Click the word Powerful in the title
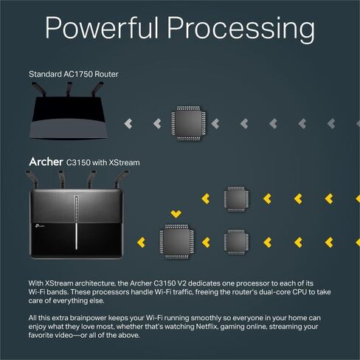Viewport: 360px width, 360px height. click(102, 27)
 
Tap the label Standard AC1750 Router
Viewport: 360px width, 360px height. click(74, 74)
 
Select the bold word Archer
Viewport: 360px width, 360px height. click(46, 162)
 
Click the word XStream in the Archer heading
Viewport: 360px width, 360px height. click(124, 162)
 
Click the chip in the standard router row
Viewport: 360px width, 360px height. click(189, 123)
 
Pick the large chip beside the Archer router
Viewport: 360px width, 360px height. click(176, 241)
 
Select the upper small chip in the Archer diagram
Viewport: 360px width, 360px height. click(236, 199)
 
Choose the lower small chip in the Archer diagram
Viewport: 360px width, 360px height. click(236, 242)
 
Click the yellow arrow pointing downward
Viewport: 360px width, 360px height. click(176, 215)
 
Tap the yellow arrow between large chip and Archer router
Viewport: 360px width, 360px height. click(141, 243)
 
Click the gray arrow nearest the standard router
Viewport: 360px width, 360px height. click(128, 124)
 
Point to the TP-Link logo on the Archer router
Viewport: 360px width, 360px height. click(39, 226)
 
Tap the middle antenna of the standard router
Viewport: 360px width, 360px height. click(69, 89)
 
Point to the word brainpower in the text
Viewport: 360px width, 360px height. click(88, 318)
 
